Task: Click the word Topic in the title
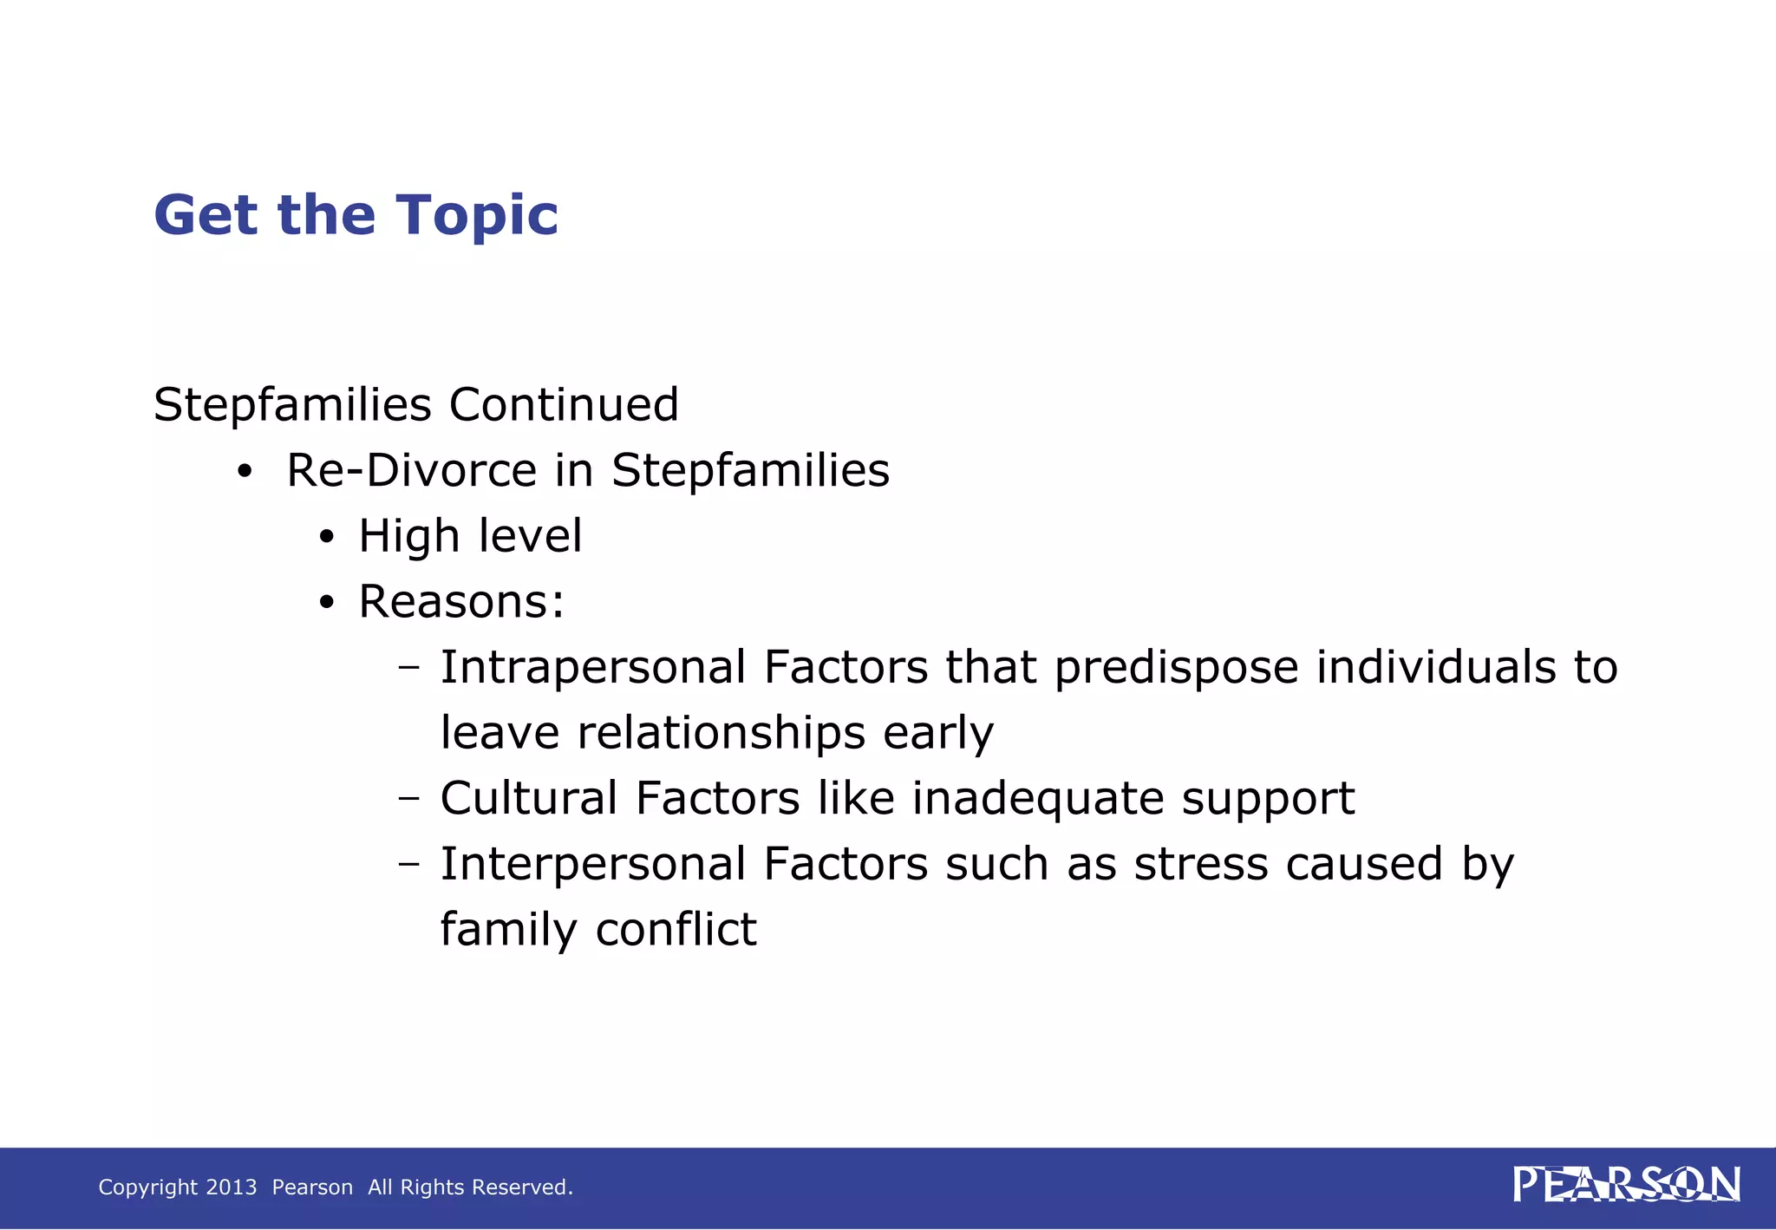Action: point(476,215)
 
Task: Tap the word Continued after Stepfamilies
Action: point(564,404)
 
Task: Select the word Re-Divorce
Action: point(412,470)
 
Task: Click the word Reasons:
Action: point(461,601)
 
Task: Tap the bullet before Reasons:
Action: point(326,604)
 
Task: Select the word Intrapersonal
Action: point(593,667)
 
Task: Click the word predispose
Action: point(1177,669)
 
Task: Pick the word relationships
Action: point(721,733)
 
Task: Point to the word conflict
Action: point(676,929)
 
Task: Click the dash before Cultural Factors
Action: point(408,799)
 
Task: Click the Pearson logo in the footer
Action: point(1626,1185)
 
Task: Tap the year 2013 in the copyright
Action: point(232,1187)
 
